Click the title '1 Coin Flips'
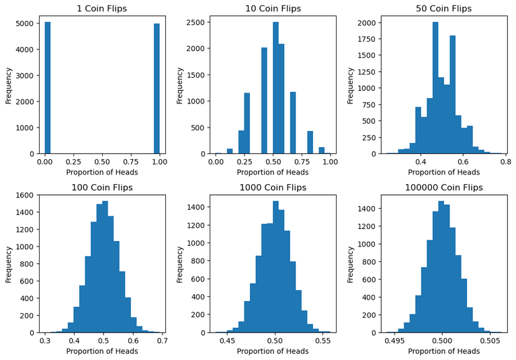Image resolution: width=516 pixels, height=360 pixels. click(102, 9)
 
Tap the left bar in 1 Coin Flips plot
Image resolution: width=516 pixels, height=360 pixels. click(48, 87)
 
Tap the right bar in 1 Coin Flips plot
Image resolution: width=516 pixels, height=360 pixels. click(157, 89)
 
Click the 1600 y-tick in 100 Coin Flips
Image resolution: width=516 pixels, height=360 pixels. click(26, 195)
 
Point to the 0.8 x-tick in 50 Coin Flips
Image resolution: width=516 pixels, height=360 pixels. click(505, 162)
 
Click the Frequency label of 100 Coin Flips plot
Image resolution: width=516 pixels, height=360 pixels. click(9, 263)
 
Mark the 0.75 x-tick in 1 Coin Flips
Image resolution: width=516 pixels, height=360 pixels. click(130, 162)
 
